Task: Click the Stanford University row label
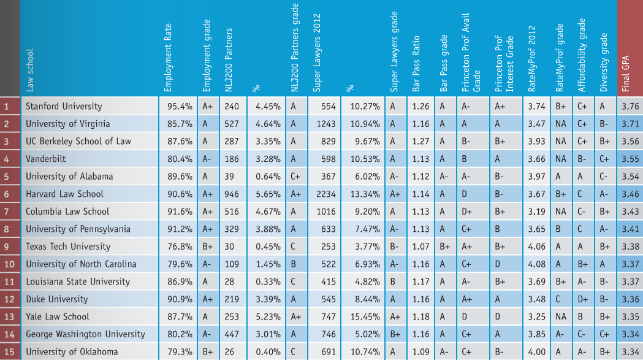pyautogui.click(x=64, y=106)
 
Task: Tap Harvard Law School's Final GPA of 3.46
pyautogui.click(x=630, y=194)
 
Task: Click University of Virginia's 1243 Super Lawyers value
pyautogui.click(x=324, y=124)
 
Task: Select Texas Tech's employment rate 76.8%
pyautogui.click(x=180, y=247)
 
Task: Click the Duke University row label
pyautogui.click(x=56, y=299)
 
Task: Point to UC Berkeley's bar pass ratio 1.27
pyautogui.click(x=420, y=141)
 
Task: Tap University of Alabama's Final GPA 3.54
pyautogui.click(x=630, y=176)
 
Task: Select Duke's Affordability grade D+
pyautogui.click(x=584, y=299)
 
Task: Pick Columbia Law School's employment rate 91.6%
pyautogui.click(x=180, y=212)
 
